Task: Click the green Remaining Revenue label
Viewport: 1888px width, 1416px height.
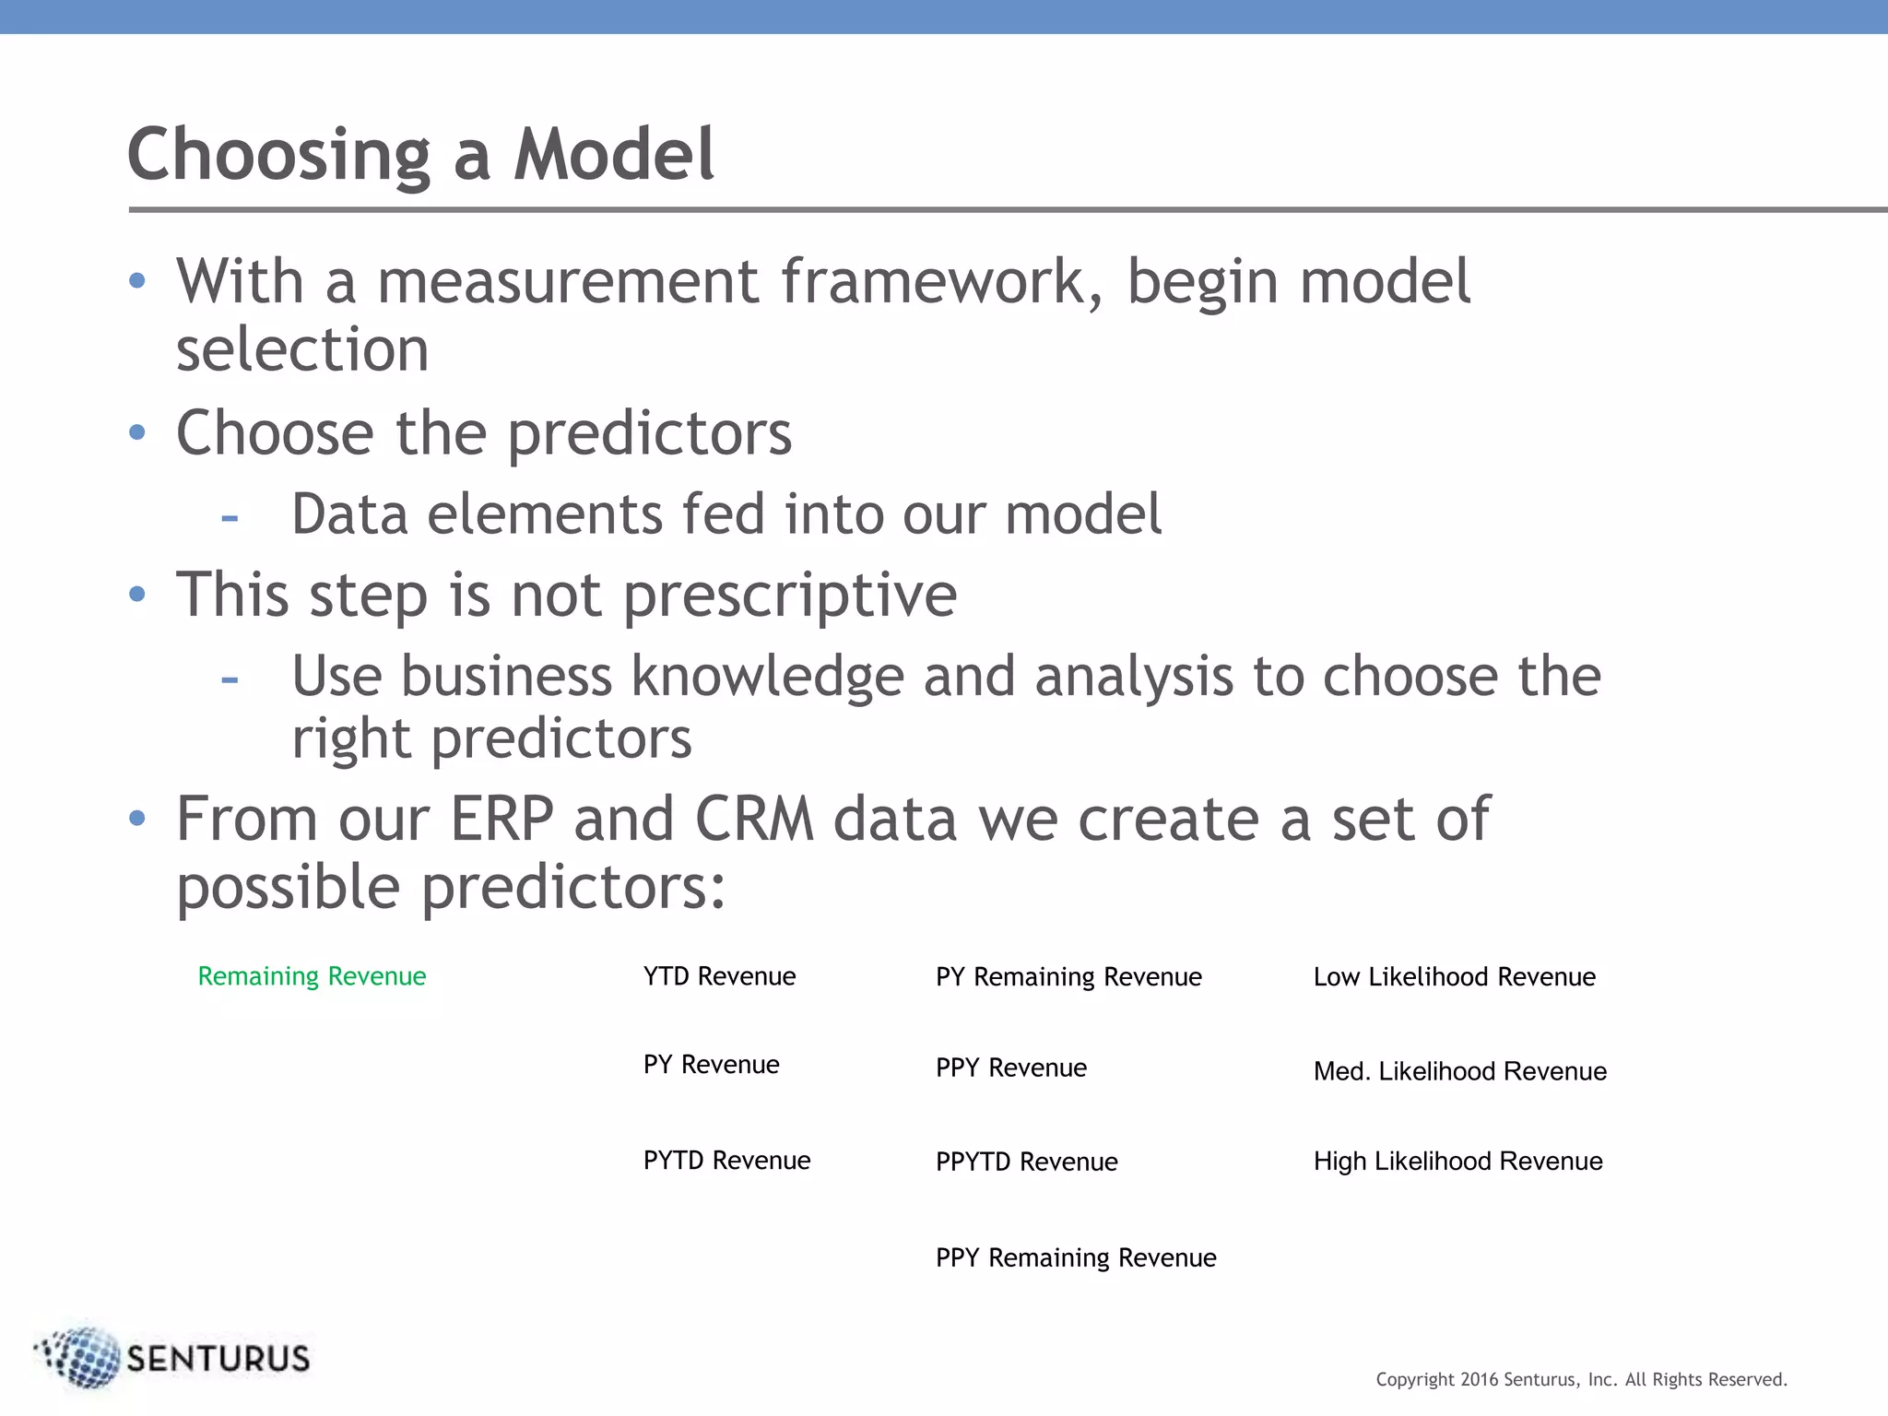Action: (x=312, y=976)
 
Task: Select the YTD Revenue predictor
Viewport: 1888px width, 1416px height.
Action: (x=719, y=976)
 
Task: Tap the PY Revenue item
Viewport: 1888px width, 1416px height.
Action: (x=711, y=1065)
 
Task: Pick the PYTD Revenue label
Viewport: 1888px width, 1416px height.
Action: (x=726, y=1161)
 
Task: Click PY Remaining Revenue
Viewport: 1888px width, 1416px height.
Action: (x=1068, y=977)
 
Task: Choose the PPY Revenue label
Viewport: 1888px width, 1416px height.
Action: (x=1011, y=1068)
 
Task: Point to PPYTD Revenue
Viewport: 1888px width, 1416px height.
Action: (x=1026, y=1162)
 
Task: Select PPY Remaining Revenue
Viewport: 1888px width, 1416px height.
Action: (x=1076, y=1257)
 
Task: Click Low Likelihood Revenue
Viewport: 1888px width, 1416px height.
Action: (x=1454, y=977)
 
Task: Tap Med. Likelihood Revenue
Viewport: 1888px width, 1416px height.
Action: (x=1459, y=1071)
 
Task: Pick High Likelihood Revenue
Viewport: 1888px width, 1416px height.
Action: (x=1457, y=1162)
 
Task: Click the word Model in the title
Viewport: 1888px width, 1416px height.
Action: (x=613, y=154)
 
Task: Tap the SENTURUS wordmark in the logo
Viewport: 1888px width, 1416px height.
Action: (x=218, y=1359)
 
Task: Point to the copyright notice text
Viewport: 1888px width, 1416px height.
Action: (x=1581, y=1379)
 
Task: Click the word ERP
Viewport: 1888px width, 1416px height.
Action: (x=501, y=819)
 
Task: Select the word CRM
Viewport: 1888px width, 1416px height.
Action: (x=754, y=819)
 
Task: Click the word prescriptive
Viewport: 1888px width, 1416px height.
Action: (x=790, y=596)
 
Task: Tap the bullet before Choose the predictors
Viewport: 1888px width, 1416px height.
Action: (x=137, y=432)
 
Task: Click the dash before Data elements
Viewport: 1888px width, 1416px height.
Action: (x=230, y=517)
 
